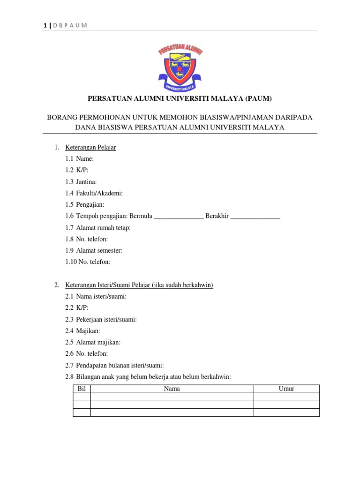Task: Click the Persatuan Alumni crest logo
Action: pyautogui.click(x=180, y=67)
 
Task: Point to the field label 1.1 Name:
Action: pyautogui.click(x=80, y=159)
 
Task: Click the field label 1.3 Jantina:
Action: pyautogui.click(x=81, y=181)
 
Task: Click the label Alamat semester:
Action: pyautogui.click(x=99, y=250)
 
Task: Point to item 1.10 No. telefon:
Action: pyautogui.click(x=88, y=262)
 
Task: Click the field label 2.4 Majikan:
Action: pyautogui.click(x=83, y=331)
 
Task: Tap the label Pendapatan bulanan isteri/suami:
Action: pyautogui.click(x=120, y=365)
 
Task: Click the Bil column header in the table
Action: pyautogui.click(x=82, y=389)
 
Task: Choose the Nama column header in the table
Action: pyautogui.click(x=172, y=389)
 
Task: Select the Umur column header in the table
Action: pyautogui.click(x=286, y=389)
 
